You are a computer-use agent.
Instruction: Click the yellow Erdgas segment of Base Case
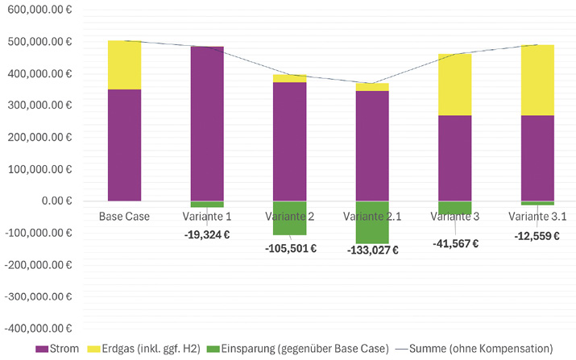point(124,65)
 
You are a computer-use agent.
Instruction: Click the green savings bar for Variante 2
point(290,217)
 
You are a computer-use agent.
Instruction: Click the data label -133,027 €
point(373,250)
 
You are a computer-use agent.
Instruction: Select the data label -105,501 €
point(290,248)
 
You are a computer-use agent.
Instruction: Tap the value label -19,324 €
point(207,234)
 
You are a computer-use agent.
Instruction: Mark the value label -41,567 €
point(455,243)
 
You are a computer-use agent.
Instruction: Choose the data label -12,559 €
point(537,236)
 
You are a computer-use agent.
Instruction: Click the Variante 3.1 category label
point(537,217)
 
